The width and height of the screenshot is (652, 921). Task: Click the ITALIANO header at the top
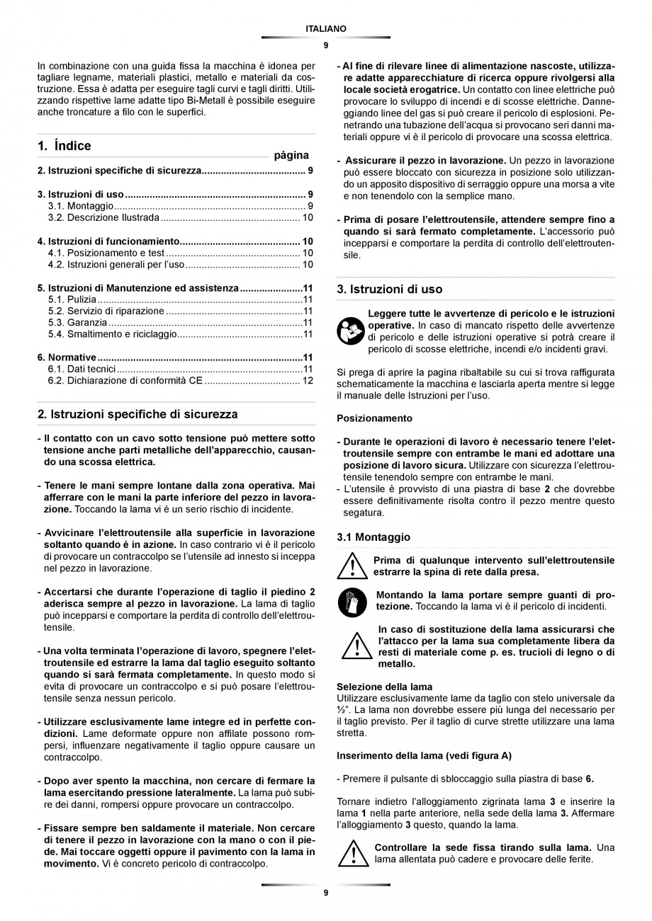pos(326,29)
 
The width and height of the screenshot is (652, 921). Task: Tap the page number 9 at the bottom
pos(326,893)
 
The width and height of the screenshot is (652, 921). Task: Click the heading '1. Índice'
pos(64,146)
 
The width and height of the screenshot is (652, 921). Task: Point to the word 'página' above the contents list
pos(291,154)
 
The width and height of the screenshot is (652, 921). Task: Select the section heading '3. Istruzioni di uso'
pos(389,289)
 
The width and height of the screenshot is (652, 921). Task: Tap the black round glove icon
pos(352,601)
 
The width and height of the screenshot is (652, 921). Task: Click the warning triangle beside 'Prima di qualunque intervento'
pos(352,566)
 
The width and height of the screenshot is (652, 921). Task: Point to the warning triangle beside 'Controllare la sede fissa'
pos(352,853)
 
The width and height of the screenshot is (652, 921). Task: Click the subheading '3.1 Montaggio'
pos(373,537)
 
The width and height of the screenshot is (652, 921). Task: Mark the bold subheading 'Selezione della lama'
pos(384,687)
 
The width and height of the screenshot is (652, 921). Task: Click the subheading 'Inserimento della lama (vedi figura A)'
pos(424,755)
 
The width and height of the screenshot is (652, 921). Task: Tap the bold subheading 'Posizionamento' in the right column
pos(374,418)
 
